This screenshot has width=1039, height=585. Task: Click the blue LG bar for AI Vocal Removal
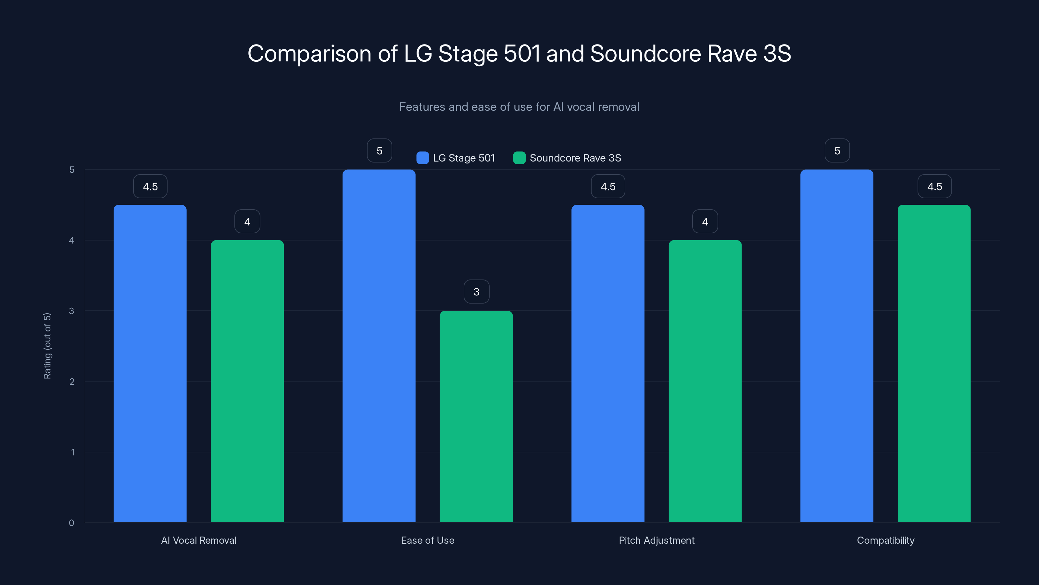pyautogui.click(x=150, y=363)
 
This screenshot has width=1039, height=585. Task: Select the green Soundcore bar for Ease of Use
pyautogui.click(x=476, y=416)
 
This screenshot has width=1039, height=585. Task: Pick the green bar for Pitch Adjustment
pyautogui.click(x=705, y=381)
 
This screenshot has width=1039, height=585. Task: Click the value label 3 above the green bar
pyautogui.click(x=476, y=292)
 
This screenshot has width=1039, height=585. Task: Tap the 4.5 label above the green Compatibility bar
pyautogui.click(x=934, y=187)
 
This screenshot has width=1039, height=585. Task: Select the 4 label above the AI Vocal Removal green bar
pyautogui.click(x=247, y=222)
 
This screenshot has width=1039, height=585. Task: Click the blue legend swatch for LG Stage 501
pyautogui.click(x=422, y=158)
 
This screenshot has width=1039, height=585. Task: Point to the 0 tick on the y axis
pyautogui.click(x=71, y=523)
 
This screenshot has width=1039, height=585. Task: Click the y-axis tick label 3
pyautogui.click(x=71, y=311)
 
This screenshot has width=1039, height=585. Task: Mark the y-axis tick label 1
pyautogui.click(x=73, y=452)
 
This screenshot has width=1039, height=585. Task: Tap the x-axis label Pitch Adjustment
pyautogui.click(x=657, y=540)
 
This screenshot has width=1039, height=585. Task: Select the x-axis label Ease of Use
pyautogui.click(x=428, y=540)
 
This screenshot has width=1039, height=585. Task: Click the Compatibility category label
pyautogui.click(x=885, y=540)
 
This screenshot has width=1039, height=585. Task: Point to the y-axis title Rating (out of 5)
pyautogui.click(x=47, y=346)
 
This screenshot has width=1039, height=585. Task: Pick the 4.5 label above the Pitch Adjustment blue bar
pyautogui.click(x=608, y=187)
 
